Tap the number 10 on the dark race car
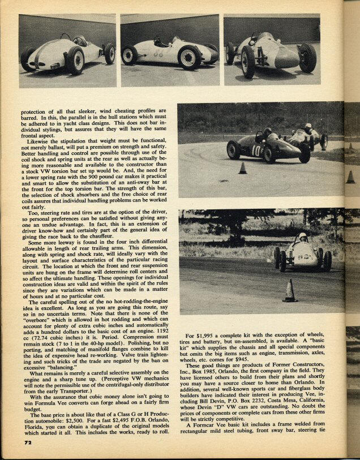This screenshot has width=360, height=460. pyautogui.click(x=256, y=150)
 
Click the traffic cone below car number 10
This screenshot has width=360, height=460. pyautogui.click(x=242, y=169)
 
